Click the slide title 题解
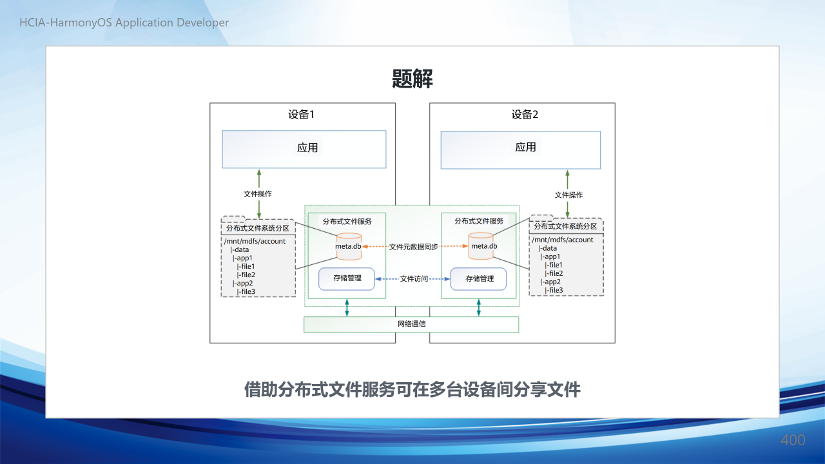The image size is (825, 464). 412,79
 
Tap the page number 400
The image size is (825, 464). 793,440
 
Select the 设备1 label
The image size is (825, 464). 301,115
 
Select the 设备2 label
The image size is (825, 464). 525,115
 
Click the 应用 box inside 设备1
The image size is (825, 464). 304,149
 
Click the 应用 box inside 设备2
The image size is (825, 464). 520,150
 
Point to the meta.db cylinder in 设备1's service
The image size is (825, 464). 349,246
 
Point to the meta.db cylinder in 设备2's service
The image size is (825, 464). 481,246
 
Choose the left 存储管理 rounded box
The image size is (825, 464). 347,279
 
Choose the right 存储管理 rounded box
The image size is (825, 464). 478,279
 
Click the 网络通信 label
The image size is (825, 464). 411,324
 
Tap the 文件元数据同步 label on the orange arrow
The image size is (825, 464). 414,247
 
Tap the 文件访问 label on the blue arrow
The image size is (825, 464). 414,279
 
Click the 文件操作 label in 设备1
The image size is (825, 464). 257,194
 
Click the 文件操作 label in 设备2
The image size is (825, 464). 568,195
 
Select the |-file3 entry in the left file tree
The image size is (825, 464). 246,291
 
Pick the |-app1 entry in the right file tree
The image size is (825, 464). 550,256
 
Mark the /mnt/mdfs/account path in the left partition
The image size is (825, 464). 255,241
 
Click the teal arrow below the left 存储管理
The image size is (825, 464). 347,307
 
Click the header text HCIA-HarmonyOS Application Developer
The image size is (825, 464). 124,23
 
